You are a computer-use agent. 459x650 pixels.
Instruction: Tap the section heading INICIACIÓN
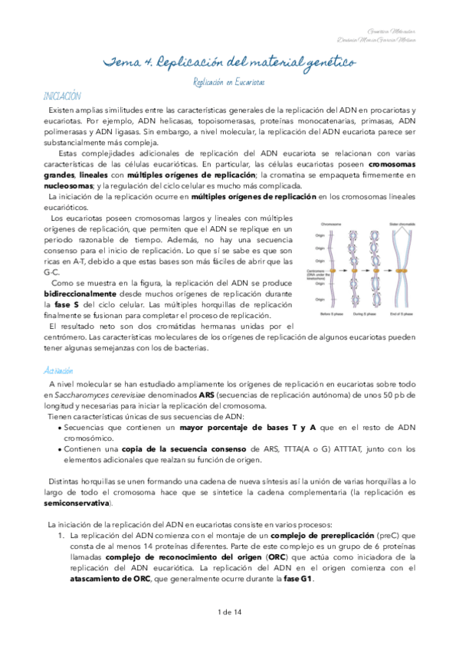point(62,96)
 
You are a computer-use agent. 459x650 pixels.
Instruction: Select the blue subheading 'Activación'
point(57,370)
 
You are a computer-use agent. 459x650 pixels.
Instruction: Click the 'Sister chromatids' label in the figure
point(402,225)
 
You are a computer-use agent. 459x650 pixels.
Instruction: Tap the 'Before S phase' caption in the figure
point(332,314)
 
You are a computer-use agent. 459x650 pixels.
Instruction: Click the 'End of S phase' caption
point(401,314)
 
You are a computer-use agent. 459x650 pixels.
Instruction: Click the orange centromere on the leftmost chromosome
point(333,270)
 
